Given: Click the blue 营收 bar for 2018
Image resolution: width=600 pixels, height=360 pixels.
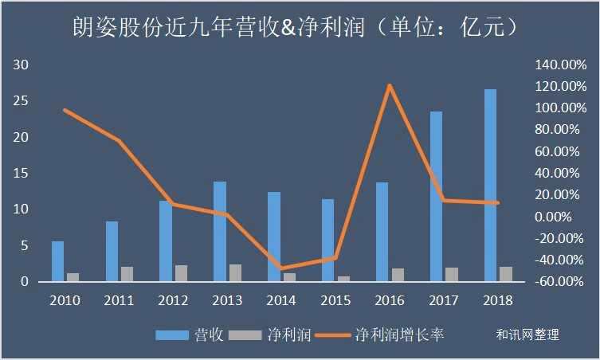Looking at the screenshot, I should (x=490, y=185).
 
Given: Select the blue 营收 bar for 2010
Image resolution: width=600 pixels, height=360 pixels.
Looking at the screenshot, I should (x=57, y=261).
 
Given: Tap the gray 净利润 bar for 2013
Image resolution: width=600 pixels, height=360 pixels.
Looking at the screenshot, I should (x=235, y=273).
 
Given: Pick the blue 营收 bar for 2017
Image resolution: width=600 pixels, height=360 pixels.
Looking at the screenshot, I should (x=436, y=196).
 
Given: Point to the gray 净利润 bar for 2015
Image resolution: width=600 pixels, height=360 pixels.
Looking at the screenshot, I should (x=343, y=279).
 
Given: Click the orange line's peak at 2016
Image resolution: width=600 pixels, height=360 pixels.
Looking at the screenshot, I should (x=390, y=85).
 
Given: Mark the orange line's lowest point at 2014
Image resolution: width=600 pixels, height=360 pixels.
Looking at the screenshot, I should (x=281, y=269).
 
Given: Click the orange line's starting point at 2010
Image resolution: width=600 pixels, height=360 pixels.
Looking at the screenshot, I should (x=65, y=110).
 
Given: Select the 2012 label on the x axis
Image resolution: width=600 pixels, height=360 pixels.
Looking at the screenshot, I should (x=173, y=300).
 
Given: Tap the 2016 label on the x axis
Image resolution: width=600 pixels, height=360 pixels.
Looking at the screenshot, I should (x=390, y=300).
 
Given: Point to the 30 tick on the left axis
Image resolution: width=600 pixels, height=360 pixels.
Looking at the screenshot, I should (x=22, y=65).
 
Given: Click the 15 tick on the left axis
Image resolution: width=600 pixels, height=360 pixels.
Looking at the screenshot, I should (x=22, y=173).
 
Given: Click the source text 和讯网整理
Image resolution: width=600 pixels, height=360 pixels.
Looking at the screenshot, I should (x=527, y=335).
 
